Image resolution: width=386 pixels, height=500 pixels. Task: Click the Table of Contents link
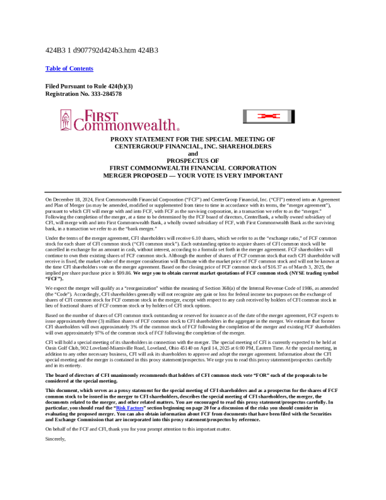[69, 68]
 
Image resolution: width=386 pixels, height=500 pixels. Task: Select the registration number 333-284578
[100, 93]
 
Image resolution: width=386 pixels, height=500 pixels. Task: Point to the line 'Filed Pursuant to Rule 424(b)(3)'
[89, 85]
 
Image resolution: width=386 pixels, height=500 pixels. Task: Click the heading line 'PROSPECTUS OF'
[193, 161]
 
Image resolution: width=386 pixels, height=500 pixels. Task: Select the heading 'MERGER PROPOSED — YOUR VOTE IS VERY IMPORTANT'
[193, 176]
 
